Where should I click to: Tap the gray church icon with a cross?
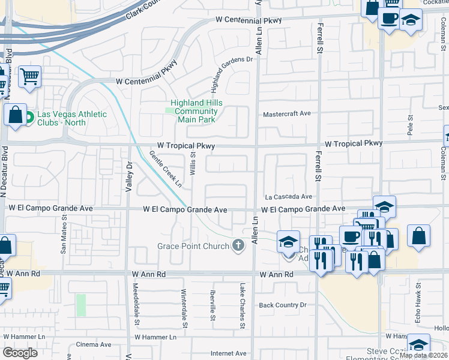tap(239, 245)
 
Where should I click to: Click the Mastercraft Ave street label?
tap(287, 113)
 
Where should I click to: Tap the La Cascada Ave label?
tap(289, 196)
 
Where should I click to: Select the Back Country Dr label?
tap(282, 305)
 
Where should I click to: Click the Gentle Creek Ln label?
tap(166, 169)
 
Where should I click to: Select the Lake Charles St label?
tap(243, 305)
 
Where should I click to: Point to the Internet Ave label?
tap(229, 353)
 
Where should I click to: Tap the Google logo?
tap(20, 353)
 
